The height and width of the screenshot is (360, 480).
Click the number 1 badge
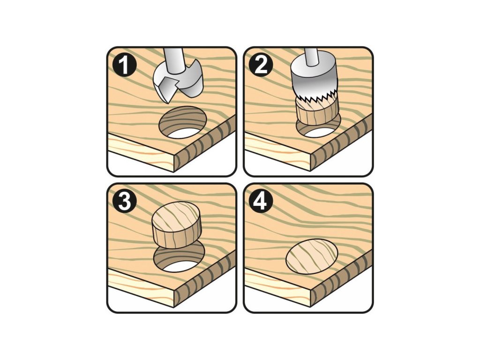124,65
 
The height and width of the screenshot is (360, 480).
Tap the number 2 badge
261,65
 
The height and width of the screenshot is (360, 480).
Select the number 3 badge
124,202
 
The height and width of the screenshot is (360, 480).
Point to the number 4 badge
261,202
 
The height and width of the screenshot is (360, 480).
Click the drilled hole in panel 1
182,122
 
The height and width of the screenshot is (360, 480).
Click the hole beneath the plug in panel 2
318,128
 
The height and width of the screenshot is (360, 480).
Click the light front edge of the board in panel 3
141,286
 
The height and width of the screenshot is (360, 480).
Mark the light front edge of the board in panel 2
277,150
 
